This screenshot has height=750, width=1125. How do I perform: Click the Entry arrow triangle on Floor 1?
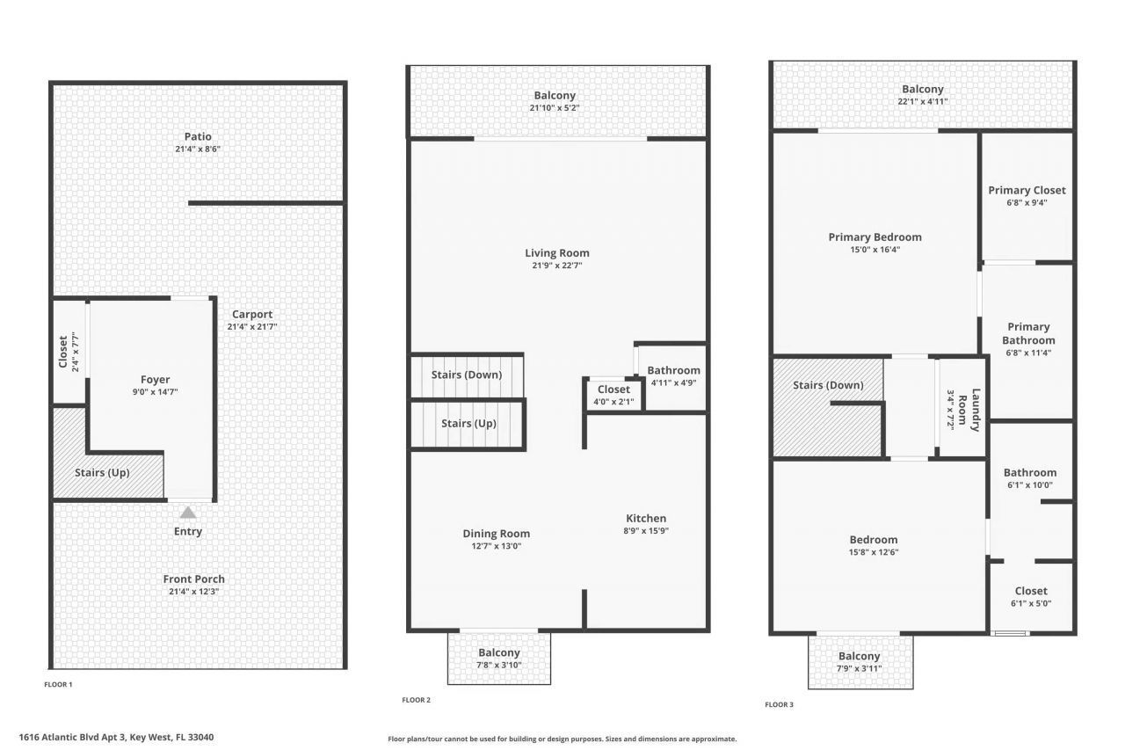click(188, 513)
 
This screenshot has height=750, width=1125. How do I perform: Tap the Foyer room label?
click(156, 380)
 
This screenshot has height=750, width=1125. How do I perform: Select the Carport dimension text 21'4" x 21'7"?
click(252, 327)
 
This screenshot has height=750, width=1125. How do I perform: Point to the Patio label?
click(198, 136)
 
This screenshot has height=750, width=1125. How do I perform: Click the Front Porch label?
click(193, 579)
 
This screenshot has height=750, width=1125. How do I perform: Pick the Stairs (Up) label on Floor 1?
click(102, 472)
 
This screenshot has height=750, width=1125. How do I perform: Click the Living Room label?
click(557, 253)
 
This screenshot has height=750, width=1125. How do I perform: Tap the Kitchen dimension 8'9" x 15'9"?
click(646, 531)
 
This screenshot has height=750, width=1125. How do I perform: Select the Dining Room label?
click(497, 534)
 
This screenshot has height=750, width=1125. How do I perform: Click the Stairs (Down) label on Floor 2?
click(467, 375)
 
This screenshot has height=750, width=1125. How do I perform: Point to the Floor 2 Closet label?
click(613, 390)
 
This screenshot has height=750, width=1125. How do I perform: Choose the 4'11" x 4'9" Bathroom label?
click(674, 370)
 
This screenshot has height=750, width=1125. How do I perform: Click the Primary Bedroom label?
click(875, 237)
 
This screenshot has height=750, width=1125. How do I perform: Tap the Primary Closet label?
click(1027, 190)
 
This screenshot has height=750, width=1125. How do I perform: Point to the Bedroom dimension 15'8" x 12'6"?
click(874, 553)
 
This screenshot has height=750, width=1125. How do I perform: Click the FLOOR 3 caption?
click(779, 704)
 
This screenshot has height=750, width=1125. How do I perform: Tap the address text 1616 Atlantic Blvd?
click(116, 738)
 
